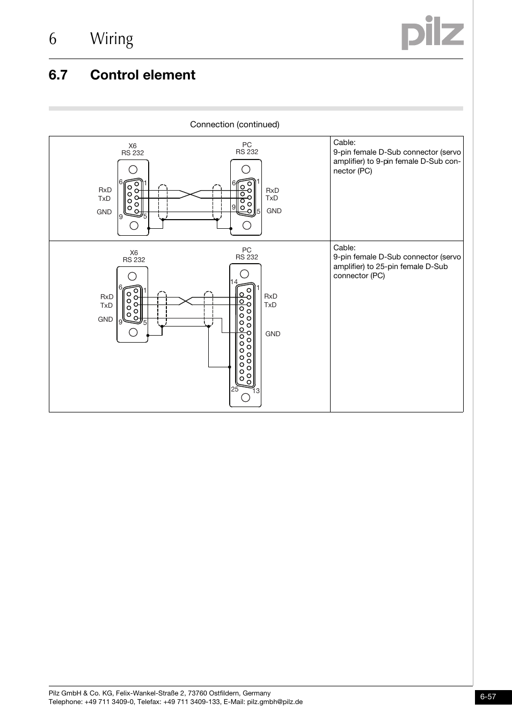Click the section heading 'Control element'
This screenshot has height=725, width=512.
coord(143,75)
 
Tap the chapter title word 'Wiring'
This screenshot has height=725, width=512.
coord(112,39)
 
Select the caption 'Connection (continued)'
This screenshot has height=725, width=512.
coord(235,125)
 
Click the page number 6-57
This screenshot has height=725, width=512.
coord(488,697)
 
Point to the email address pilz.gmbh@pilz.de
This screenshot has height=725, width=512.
coord(274,702)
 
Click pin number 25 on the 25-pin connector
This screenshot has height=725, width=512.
coord(235,389)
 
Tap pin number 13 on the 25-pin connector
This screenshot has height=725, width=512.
coord(256,391)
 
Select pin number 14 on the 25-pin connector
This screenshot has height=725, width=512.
coord(233,282)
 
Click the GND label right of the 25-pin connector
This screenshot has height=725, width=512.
coord(273,334)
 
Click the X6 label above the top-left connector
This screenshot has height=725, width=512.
coord(133,146)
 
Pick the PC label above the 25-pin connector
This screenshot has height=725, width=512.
coord(246,250)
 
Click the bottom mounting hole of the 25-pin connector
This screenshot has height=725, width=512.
coord(246,397)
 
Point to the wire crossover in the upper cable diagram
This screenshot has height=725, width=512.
coord(190,194)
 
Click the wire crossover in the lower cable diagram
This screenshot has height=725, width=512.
coord(186,301)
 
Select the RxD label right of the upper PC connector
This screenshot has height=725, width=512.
coord(272,191)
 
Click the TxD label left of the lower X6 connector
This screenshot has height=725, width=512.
coord(106,306)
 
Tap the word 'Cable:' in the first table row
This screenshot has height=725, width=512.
coord(344,143)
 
